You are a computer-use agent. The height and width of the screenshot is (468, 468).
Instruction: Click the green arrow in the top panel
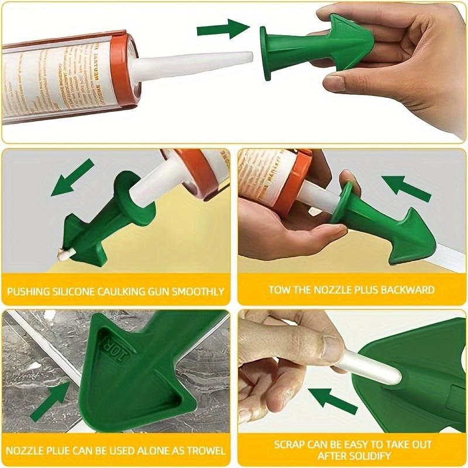click(223, 27)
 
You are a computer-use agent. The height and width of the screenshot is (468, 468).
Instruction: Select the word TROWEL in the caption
click(205, 450)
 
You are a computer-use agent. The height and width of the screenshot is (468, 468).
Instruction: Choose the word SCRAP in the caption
click(290, 444)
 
